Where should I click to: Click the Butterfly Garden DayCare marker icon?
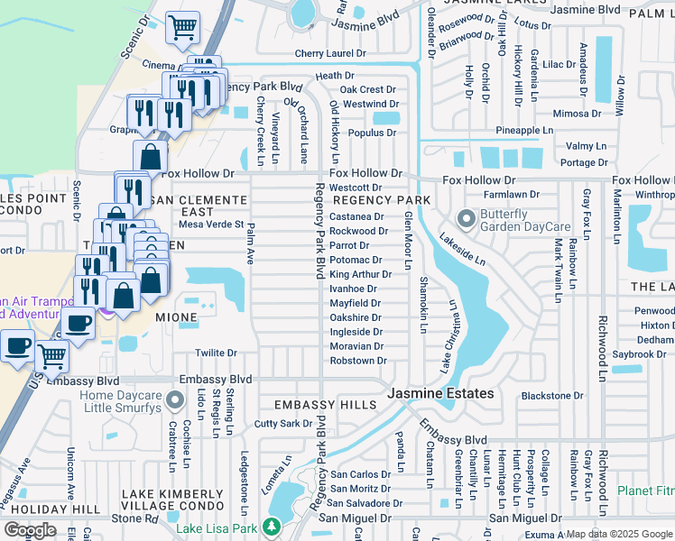[467, 219]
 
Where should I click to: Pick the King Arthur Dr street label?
[360, 274]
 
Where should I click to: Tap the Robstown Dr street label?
[358, 361]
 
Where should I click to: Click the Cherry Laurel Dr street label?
[331, 54]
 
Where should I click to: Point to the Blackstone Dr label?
[552, 395]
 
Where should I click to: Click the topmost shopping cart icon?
[183, 27]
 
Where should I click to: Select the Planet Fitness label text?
[646, 491]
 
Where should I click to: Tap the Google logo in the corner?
[30, 530]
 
